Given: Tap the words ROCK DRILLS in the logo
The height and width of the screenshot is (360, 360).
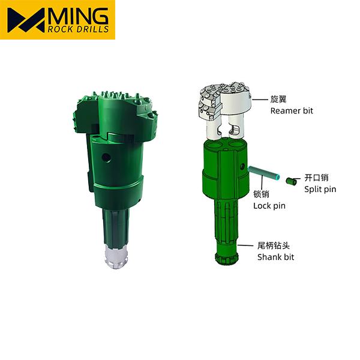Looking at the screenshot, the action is tap(78, 29).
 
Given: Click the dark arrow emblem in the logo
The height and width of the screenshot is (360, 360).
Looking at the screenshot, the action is tap(26, 20).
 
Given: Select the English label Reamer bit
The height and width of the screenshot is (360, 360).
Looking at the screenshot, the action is tap(292, 111).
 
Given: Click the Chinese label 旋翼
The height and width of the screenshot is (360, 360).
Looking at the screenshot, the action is tap(278, 99).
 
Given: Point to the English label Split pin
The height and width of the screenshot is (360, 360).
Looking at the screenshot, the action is tap(320, 190).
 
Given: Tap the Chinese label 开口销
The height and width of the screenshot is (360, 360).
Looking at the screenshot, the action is tap(316, 178).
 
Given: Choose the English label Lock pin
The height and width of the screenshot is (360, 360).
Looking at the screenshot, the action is tap(269, 206).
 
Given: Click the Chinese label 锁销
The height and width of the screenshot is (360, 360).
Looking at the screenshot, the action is tap(261, 194).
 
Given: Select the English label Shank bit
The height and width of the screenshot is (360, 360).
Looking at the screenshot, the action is tap(275, 257).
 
